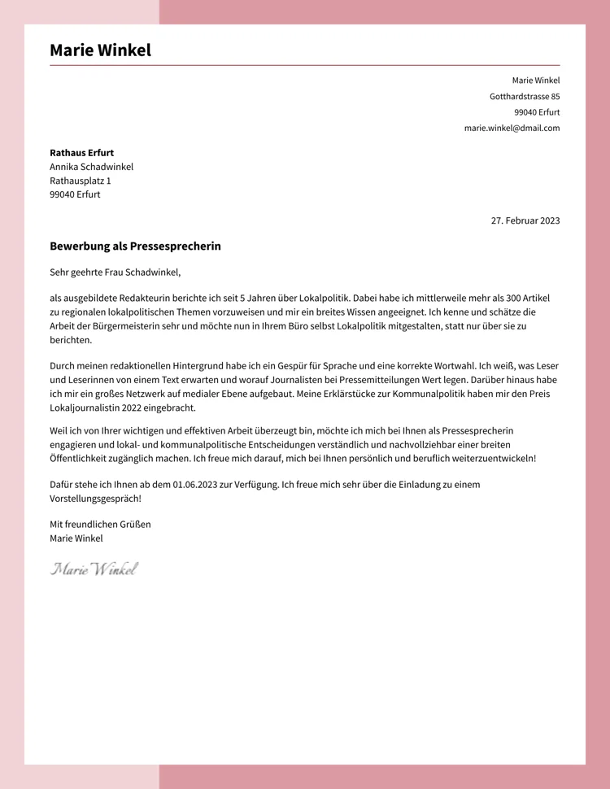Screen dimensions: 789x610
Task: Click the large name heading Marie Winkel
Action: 100,50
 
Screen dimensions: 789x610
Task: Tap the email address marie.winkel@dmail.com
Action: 512,128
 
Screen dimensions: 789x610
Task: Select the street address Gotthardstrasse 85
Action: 525,96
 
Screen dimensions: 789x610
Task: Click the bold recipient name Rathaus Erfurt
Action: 81,152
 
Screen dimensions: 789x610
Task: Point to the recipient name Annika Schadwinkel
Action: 91,167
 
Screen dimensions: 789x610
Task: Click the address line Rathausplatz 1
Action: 80,181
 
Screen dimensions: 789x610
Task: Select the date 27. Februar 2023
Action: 525,220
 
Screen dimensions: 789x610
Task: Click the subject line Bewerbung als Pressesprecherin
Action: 135,246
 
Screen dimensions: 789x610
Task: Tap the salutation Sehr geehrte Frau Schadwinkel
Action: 115,272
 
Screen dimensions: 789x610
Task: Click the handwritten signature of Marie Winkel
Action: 94,569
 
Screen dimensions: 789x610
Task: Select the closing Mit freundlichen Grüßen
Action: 100,524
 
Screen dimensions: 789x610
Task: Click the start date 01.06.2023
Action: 194,484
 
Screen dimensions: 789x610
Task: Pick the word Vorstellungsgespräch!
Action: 95,498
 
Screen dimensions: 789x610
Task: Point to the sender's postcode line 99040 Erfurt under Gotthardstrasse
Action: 537,112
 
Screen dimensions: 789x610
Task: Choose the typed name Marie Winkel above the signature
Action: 76,538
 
